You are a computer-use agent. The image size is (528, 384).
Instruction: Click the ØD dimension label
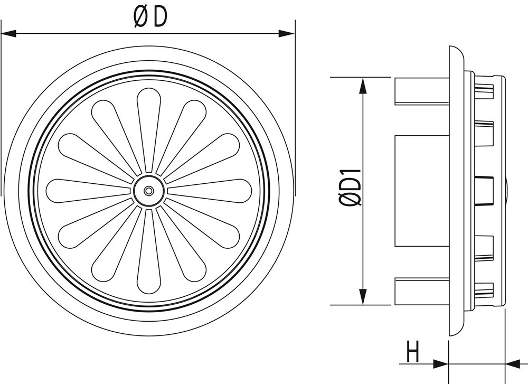tap(150, 17)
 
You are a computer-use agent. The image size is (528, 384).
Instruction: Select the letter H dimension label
tap(413, 352)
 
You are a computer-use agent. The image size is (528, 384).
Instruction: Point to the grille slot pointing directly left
tap(84, 191)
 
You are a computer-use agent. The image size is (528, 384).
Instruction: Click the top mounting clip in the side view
tap(421, 91)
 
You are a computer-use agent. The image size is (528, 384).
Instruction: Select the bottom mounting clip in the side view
tap(421, 291)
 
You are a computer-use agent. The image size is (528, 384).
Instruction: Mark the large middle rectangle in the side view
tap(421, 191)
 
